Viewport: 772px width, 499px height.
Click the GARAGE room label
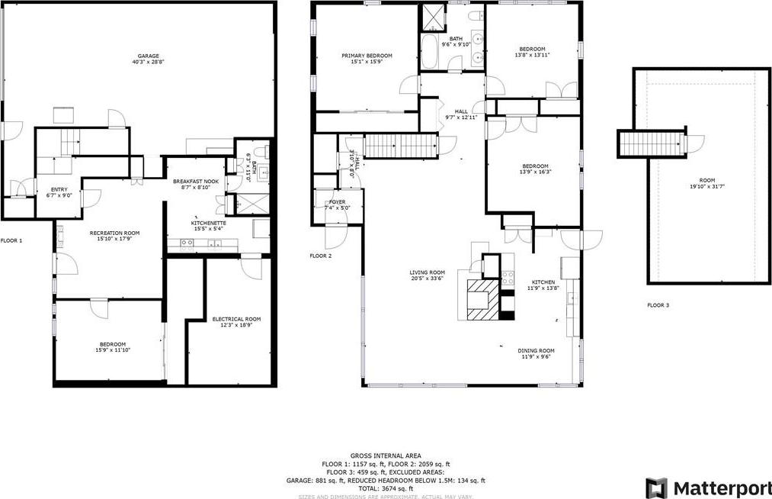pos(149,56)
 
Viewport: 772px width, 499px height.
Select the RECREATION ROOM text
pos(114,233)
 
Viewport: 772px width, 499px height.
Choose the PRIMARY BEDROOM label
pos(367,56)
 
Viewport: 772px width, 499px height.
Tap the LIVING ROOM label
pos(427,272)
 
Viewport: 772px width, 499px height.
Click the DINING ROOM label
pos(537,351)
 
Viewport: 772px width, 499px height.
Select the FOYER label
pos(337,202)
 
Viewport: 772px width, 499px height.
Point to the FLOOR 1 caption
pos(11,240)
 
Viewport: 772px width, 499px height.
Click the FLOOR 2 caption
pos(320,256)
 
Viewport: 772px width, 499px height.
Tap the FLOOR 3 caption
pos(658,305)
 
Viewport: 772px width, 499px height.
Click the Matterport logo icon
pos(655,488)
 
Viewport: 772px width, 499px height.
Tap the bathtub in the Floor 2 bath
pos(429,52)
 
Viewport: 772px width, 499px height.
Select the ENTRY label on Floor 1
pos(59,189)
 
